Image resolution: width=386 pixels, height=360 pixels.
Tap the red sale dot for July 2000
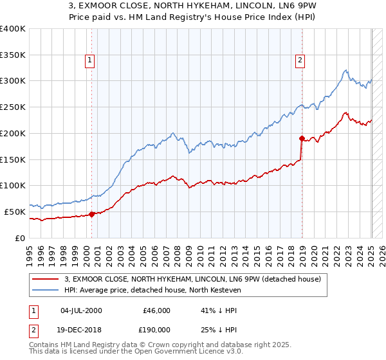(91, 214)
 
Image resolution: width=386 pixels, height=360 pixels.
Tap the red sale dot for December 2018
(301, 138)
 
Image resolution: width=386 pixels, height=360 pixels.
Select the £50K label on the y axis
(15, 212)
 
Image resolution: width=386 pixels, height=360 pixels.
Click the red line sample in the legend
(46, 279)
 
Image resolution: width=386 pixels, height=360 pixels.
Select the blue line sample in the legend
(46, 291)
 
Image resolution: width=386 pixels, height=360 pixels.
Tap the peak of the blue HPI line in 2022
(345, 70)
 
